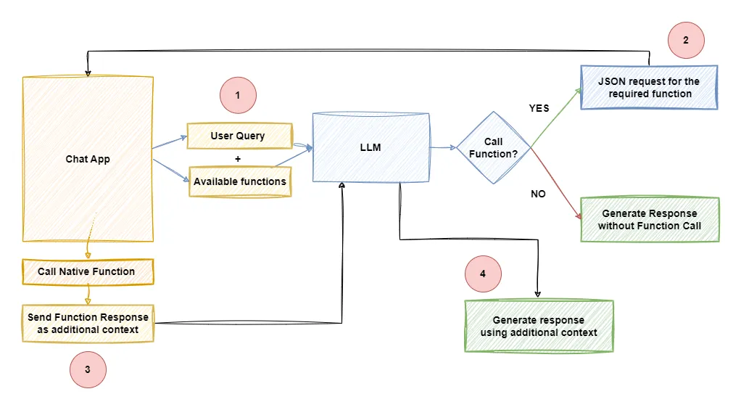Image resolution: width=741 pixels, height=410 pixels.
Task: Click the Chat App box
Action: point(88,159)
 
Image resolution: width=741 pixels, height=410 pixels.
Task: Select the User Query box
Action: point(239,136)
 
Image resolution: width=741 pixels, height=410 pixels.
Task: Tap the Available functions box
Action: point(239,181)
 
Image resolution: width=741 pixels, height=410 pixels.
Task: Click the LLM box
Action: point(370,147)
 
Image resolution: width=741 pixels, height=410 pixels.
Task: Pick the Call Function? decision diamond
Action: point(494,147)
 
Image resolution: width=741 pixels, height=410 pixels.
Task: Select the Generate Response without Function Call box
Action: point(650,219)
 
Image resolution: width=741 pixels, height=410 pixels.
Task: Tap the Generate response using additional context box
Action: point(539,327)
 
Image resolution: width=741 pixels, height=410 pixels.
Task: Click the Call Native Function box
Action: point(87,271)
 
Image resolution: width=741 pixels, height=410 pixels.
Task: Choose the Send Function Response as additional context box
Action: point(88,324)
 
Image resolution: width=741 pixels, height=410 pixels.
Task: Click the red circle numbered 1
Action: point(239,94)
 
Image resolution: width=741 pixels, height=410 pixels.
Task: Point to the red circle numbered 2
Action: point(686,40)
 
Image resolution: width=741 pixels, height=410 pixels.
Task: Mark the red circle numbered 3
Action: point(88,369)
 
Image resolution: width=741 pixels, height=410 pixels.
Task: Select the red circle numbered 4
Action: point(483,274)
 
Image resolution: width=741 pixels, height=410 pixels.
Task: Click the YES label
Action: point(539,108)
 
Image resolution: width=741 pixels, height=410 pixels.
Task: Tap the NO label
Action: point(538,194)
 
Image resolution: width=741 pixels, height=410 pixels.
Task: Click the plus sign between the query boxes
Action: point(238,159)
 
